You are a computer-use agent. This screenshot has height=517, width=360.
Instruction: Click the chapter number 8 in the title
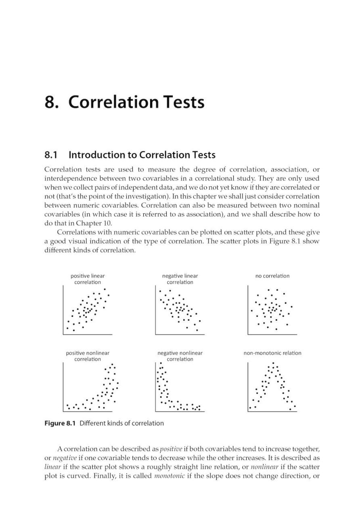(x=50, y=102)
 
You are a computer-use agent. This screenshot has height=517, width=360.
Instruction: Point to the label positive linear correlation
(x=88, y=279)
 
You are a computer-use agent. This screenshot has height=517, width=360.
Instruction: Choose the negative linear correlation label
(x=180, y=279)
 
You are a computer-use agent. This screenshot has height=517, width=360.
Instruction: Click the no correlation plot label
(x=272, y=276)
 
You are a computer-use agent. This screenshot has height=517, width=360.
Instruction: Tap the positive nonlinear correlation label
(x=88, y=356)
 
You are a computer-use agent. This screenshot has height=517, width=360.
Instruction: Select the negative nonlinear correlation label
(x=180, y=356)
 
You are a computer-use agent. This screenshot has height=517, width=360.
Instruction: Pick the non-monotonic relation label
(x=272, y=353)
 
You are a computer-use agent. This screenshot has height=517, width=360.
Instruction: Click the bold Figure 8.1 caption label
(x=60, y=423)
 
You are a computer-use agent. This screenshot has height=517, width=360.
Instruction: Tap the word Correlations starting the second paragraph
(x=76, y=232)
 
